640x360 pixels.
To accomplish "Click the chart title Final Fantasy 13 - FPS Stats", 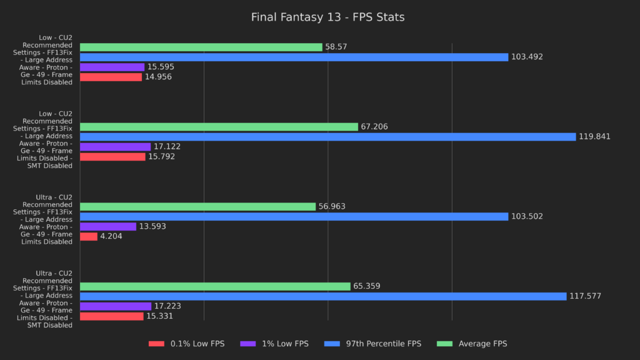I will tap(327, 17).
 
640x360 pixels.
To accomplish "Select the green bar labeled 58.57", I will tap(201, 47).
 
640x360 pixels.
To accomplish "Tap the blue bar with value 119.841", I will tap(327, 137).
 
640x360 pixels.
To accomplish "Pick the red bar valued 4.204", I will tap(89, 236).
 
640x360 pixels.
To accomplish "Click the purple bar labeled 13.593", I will tap(107, 226).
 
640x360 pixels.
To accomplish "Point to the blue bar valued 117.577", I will tap(323, 296).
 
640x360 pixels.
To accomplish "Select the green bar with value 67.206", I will tap(219, 127).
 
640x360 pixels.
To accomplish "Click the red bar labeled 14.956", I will tap(111, 77).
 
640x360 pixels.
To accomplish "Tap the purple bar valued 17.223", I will tap(116, 306).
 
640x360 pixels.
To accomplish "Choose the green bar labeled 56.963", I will tap(197, 206).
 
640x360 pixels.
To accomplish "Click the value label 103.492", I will tap(527, 57).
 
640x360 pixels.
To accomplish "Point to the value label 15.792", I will tap(161, 157).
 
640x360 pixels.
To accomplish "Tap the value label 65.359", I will tap(367, 286).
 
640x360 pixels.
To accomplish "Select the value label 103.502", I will tap(527, 216).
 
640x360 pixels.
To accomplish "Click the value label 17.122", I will tap(167, 147).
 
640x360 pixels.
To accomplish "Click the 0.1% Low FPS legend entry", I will tap(186, 344).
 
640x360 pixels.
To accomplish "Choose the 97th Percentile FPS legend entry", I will tap(375, 344).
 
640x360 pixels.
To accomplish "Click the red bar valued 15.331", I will tap(111, 316).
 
